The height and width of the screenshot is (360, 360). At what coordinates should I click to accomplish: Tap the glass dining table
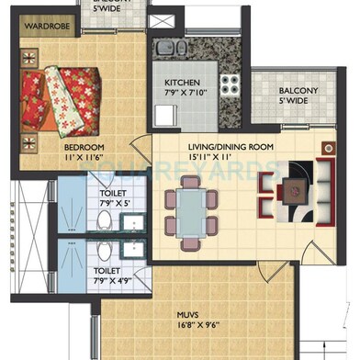[x=192, y=208]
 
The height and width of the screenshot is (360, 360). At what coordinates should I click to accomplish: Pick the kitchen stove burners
[x=228, y=86]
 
